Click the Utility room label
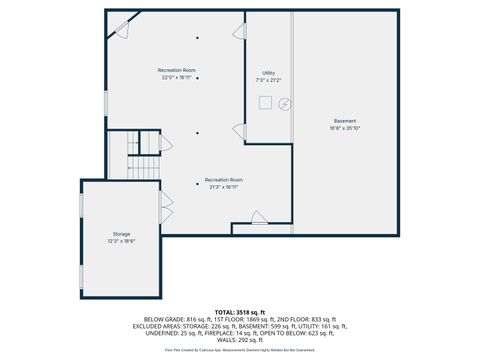pyautogui.click(x=268, y=73)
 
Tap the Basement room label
pyautogui.click(x=344, y=121)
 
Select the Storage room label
pyautogui.click(x=121, y=233)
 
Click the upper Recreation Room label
pyautogui.click(x=176, y=70)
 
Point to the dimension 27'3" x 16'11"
pyautogui.click(x=224, y=186)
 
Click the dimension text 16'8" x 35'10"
pyautogui.click(x=344, y=128)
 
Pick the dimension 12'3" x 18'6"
pyautogui.click(x=121, y=241)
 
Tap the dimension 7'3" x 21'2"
pyautogui.click(x=268, y=80)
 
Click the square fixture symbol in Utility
pyautogui.click(x=265, y=100)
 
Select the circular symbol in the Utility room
pyautogui.click(x=284, y=102)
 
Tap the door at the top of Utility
pyautogui.click(x=240, y=32)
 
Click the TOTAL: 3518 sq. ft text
pyautogui.click(x=239, y=312)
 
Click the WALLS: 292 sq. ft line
pyautogui.click(x=239, y=338)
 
